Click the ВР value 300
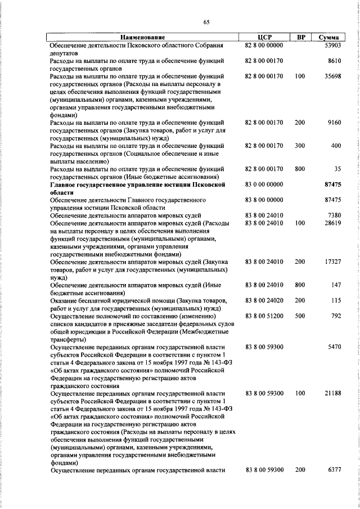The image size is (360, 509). tap(299, 146)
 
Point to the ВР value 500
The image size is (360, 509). tap(299, 317)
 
